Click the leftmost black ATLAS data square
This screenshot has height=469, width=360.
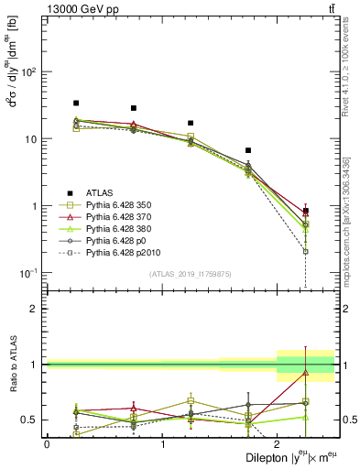pyautogui.click(x=76, y=104)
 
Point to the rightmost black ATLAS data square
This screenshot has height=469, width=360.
pyautogui.click(x=306, y=211)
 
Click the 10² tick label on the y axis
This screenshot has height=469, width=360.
pyautogui.click(x=33, y=72)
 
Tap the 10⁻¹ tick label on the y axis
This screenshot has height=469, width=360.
pyautogui.click(x=33, y=273)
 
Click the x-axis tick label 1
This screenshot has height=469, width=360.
pyautogui.click(x=162, y=444)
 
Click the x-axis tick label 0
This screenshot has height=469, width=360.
pyautogui.click(x=47, y=444)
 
